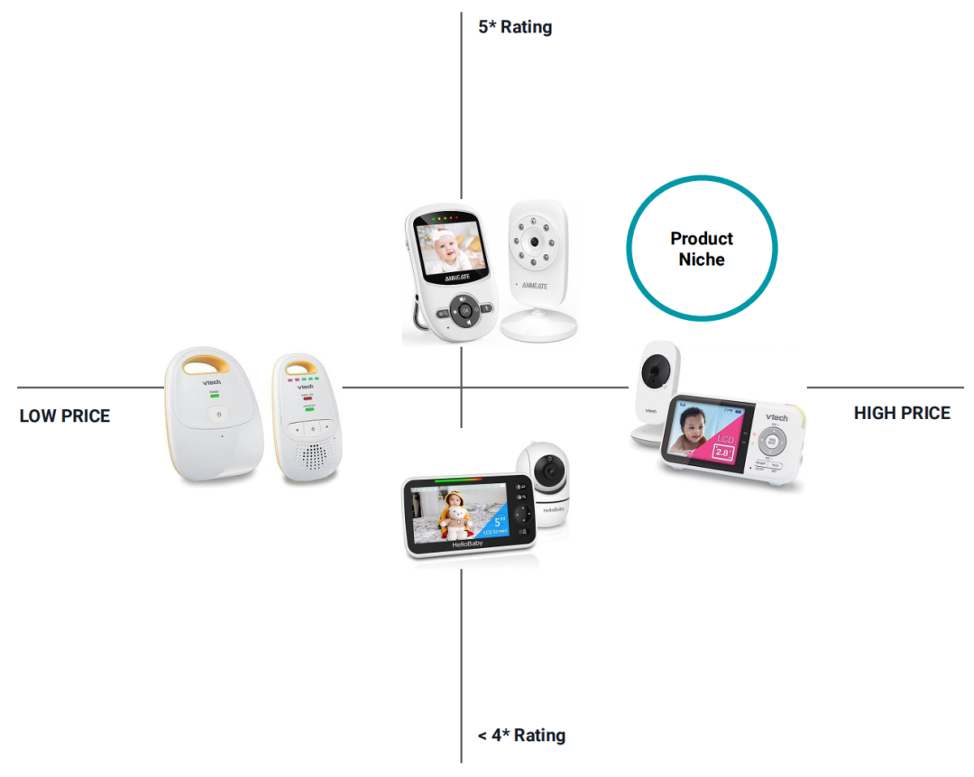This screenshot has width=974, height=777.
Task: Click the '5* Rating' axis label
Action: [515, 27]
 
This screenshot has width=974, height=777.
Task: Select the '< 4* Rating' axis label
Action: [521, 736]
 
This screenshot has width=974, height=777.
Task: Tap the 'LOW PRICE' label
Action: [65, 416]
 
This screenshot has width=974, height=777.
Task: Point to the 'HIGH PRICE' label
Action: [902, 413]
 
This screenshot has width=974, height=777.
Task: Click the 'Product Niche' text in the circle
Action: [702, 249]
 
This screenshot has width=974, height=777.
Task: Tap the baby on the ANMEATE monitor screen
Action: [450, 247]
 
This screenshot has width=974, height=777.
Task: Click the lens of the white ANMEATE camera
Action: [535, 243]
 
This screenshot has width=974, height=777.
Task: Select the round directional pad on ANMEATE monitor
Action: [464, 311]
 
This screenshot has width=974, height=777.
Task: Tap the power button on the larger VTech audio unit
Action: [216, 416]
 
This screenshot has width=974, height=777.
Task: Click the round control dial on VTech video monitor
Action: [772, 443]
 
